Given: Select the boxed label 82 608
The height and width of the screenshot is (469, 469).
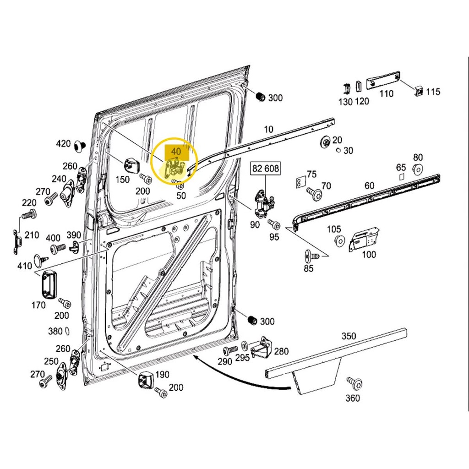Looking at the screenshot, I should click(265, 169).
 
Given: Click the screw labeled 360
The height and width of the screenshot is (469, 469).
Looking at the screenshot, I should click(355, 383).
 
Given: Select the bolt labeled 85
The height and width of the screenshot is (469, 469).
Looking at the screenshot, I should click(309, 254).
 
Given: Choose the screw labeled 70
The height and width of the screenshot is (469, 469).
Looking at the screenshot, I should click(315, 193).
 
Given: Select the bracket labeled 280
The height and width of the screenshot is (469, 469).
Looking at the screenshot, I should click(262, 349).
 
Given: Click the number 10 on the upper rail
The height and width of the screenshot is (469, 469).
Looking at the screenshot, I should click(268, 130).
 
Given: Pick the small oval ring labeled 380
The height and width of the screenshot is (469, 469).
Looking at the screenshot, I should click(67, 331).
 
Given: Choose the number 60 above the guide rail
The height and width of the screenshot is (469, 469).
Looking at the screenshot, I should click(369, 185).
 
